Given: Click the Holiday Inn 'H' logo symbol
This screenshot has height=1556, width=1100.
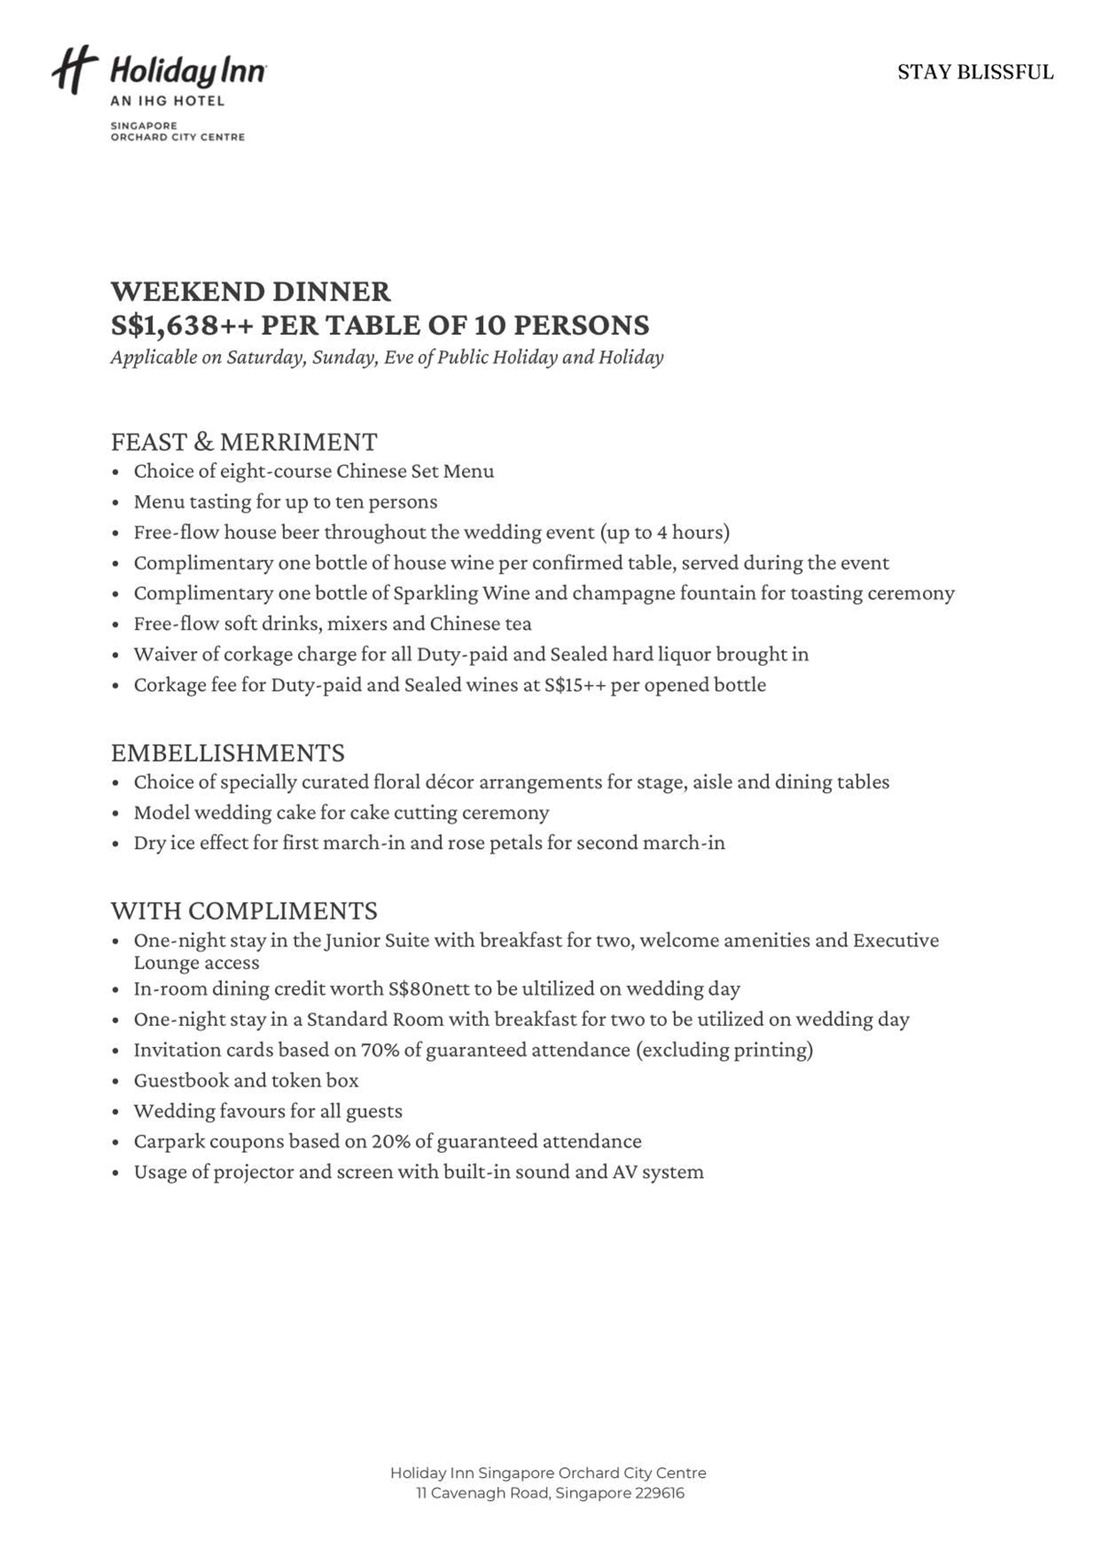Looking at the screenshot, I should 73,71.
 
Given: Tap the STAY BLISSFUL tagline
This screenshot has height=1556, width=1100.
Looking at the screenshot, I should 975,72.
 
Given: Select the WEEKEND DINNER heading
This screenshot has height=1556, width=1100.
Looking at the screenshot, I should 250,292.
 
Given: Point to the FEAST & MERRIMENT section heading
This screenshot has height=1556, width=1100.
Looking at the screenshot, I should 244,442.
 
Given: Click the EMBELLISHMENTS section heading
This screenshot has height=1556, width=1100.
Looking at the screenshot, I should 227,753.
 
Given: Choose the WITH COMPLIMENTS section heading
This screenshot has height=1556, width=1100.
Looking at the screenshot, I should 244,910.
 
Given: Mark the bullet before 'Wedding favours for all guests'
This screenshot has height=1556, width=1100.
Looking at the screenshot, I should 115,1112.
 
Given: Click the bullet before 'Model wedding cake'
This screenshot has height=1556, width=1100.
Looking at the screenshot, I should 115,813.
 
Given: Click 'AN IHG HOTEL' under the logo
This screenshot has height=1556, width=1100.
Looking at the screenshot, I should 167,101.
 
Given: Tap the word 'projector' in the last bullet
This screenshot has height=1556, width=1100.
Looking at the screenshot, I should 253,1172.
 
